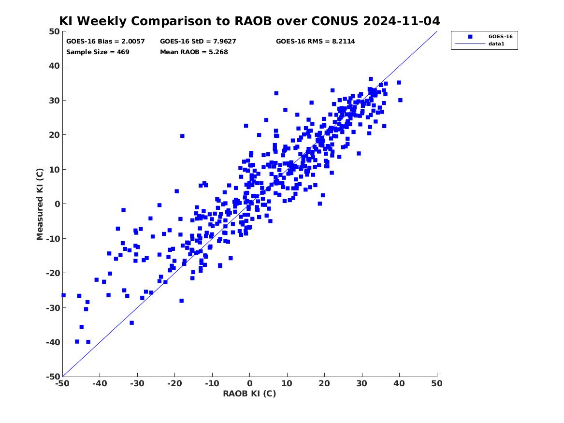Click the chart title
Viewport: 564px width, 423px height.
[x=249, y=21]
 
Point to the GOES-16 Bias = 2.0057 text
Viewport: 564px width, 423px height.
[x=105, y=42]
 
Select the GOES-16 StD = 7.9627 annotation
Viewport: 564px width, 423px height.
[x=198, y=42]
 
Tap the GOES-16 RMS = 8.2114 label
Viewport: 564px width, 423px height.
[x=316, y=42]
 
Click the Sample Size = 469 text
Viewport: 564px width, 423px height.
[x=98, y=52]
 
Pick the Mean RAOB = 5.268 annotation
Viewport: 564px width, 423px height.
[x=194, y=52]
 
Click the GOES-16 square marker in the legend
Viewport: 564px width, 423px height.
[x=470, y=36]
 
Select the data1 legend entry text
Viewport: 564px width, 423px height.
[x=496, y=44]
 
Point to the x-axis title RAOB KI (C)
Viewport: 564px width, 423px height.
[x=249, y=394]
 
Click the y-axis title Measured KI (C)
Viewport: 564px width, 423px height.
[x=40, y=204]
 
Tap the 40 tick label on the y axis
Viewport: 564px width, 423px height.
[x=54, y=66]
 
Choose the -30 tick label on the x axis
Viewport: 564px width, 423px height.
[x=137, y=383]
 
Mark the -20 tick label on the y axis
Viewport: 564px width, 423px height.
[x=53, y=273]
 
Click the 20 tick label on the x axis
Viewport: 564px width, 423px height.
[x=324, y=383]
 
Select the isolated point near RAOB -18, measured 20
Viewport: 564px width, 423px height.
[x=182, y=136]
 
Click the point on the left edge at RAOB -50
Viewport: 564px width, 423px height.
[x=64, y=295]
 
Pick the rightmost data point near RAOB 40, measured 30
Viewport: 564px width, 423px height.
[x=400, y=100]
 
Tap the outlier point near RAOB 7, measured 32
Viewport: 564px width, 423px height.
[x=276, y=93]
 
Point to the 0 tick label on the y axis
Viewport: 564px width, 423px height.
[x=57, y=204]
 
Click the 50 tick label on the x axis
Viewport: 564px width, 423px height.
[x=437, y=383]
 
